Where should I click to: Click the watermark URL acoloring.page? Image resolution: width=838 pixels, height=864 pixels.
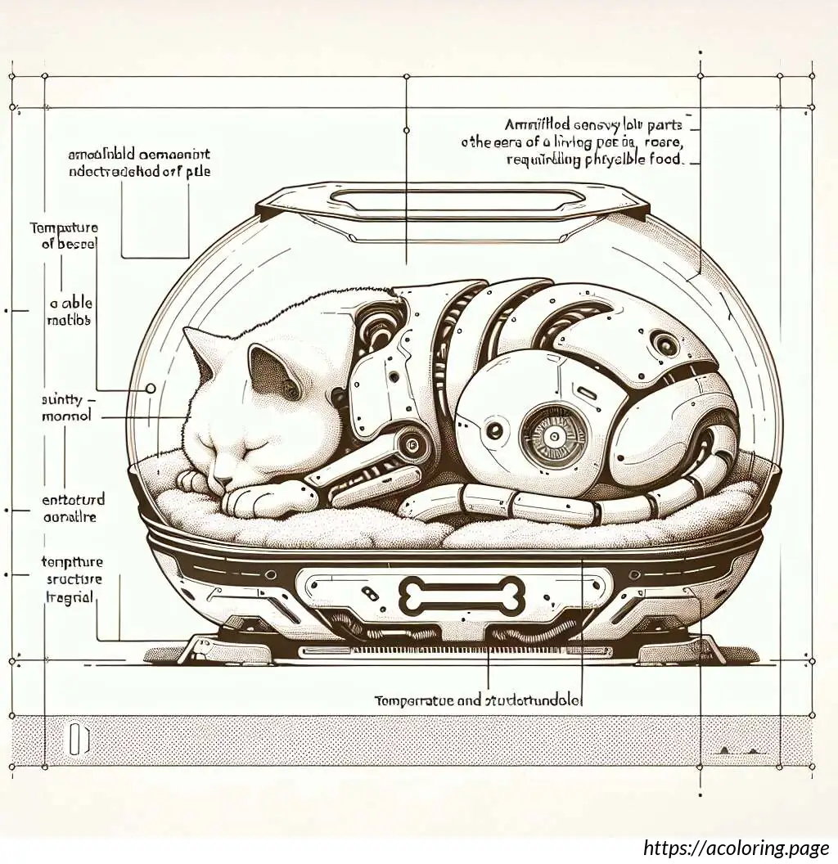click(736, 847)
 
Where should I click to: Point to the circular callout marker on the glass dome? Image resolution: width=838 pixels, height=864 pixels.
click(151, 389)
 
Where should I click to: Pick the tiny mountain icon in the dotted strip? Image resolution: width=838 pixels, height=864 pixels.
click(733, 748)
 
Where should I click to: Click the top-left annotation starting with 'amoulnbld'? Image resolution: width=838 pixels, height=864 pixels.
click(139, 163)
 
